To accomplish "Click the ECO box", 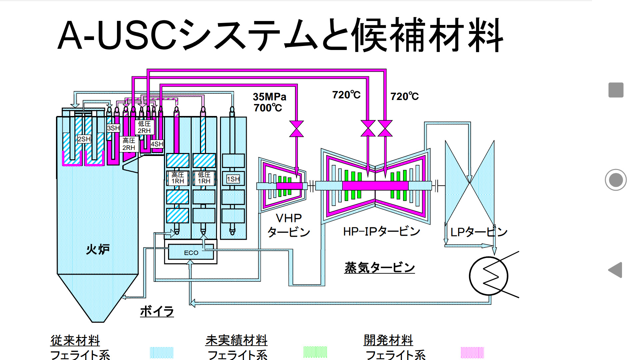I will tap(191, 252).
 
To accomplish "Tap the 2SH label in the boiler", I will tap(84, 139).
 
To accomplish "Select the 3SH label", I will tap(113, 128).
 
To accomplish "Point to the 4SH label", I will tap(157, 144).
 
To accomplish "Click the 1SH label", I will tap(233, 179).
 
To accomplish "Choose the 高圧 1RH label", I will tap(178, 178).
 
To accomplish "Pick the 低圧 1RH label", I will tap(204, 178).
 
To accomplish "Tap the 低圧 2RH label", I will tap(144, 127).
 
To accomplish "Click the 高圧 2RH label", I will tap(129, 144).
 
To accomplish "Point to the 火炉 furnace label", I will tap(98, 249).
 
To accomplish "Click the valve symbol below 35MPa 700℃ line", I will tap(296, 129).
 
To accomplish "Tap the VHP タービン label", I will tap(289, 225).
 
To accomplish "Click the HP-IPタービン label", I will tap(381, 231).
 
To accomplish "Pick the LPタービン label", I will tap(479, 232).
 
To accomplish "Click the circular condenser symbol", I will tap(488, 276).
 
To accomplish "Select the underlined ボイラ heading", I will tap(157, 311).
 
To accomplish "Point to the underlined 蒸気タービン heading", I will tap(379, 267).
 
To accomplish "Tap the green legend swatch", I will tap(315, 352).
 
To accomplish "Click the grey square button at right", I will tap(616, 90).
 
